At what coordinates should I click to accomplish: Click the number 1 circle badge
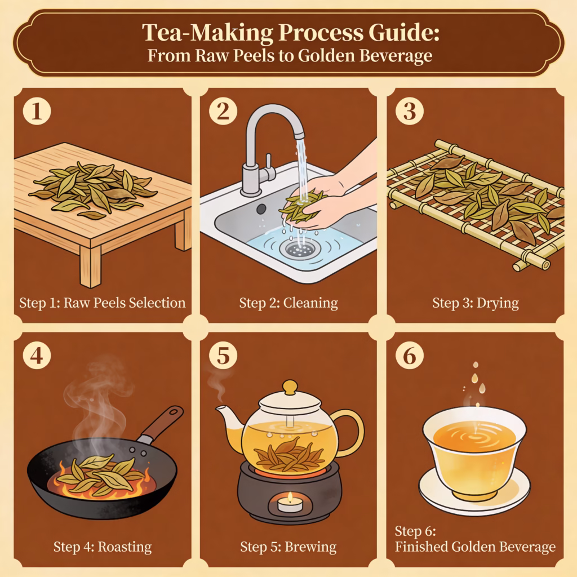tap(37, 111)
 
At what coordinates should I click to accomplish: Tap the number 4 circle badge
tap(37, 356)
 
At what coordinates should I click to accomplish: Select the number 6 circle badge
tap(410, 356)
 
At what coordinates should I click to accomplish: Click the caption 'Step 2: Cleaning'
tap(288, 303)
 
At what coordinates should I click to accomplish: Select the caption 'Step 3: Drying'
tap(476, 303)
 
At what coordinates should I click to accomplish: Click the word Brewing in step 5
tap(310, 547)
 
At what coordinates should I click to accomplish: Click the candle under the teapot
tap(290, 503)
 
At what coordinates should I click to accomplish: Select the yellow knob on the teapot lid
tap(290, 388)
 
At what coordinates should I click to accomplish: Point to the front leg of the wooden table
tap(90, 266)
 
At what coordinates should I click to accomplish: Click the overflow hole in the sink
tap(261, 209)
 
